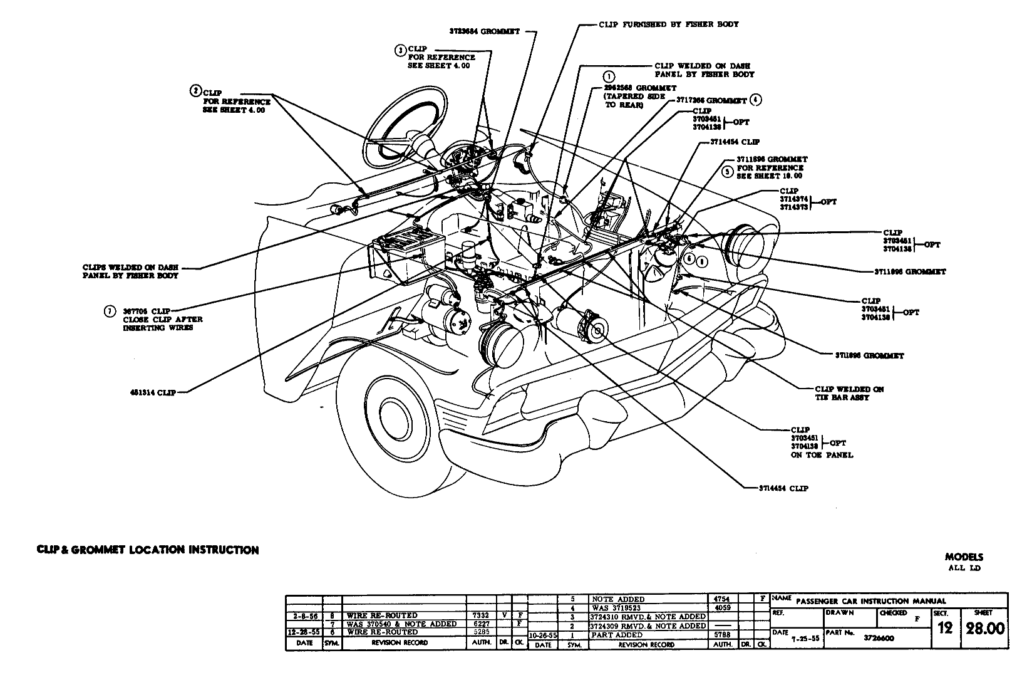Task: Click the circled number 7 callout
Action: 110,310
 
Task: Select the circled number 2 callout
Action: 195,92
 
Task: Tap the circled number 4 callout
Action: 756,100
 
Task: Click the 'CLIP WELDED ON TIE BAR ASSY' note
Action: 849,393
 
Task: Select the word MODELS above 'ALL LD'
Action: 964,557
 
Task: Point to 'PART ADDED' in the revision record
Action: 617,635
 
